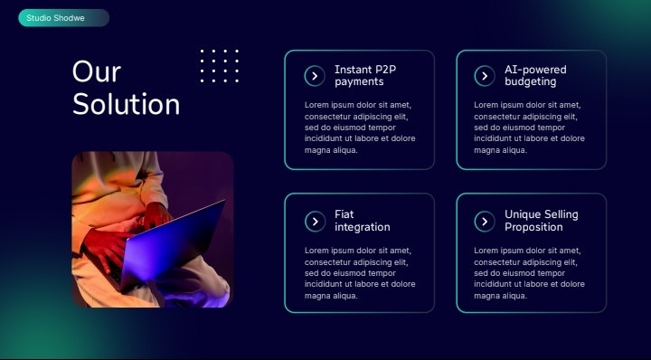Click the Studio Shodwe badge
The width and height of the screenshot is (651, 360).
[63, 18]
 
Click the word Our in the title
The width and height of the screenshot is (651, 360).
[97, 71]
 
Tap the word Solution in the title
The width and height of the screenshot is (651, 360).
[126, 104]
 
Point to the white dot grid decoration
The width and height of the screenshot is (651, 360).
[219, 66]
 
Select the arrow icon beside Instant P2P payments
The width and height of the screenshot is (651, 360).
[314, 76]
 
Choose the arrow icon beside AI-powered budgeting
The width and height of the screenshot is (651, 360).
[484, 76]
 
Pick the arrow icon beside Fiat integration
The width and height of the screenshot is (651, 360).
[314, 221]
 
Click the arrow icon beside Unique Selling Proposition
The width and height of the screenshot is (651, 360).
[484, 221]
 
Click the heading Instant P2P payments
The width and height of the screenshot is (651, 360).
[365, 76]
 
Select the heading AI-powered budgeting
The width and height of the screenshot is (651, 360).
[535, 76]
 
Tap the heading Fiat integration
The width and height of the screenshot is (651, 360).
[362, 221]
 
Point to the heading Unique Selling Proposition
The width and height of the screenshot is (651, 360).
[541, 221]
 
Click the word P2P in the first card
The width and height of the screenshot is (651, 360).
[385, 70]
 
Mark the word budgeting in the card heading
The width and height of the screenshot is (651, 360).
[531, 82]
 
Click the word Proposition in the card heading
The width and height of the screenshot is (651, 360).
[533, 227]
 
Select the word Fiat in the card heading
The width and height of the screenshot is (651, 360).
[344, 214]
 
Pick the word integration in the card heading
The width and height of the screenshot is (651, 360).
[362, 227]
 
